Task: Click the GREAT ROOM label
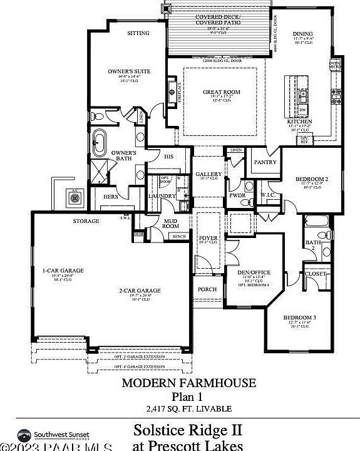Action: click(221, 92)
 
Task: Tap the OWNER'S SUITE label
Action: click(129, 72)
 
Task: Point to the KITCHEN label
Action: click(299, 121)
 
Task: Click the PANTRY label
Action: click(265, 162)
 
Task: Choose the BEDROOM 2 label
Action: click(311, 179)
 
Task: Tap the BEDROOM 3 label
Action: click(299, 318)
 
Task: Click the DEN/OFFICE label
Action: click(254, 272)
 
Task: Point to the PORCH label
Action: click(207, 289)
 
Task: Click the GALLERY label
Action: click(208, 174)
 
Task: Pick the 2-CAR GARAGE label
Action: click(140, 290)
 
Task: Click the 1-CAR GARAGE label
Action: click(63, 271)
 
